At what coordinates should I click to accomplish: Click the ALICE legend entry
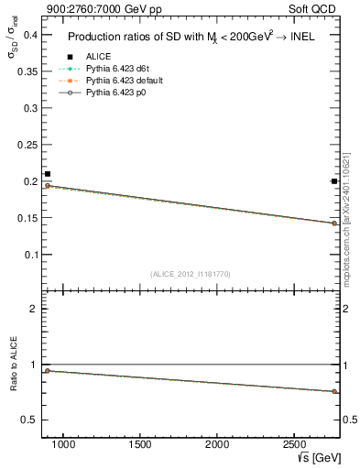98,57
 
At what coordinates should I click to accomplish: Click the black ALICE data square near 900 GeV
48,174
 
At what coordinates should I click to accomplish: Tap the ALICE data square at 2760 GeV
334,181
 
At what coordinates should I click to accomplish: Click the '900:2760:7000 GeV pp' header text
91,9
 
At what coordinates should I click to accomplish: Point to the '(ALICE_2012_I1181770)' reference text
191,274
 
